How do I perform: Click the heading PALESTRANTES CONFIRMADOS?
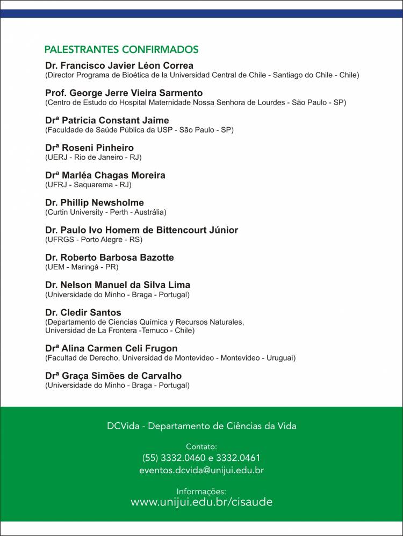121,50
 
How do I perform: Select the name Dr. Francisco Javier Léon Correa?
119,65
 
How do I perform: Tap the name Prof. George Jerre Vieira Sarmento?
124,93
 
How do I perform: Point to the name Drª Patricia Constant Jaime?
107,120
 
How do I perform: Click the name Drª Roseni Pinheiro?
90,148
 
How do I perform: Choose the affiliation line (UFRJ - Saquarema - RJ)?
88,185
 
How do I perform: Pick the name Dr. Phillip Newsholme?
95,203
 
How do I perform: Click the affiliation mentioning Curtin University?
106,212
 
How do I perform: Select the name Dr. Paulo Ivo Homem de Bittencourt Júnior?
142,230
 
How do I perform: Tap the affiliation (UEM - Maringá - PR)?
82,267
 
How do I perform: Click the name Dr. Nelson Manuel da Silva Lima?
118,285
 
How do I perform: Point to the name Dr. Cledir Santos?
83,312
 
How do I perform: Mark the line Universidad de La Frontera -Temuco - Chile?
120,331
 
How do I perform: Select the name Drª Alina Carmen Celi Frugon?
111,348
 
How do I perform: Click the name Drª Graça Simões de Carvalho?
113,376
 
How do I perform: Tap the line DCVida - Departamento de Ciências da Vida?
201,426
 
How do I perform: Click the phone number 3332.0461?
238,458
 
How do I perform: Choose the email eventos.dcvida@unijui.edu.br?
201,470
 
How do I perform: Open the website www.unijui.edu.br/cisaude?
201,502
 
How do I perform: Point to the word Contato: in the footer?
201,446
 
